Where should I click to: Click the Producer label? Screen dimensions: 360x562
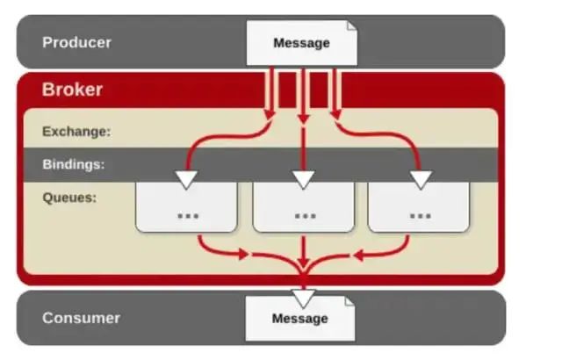(77, 42)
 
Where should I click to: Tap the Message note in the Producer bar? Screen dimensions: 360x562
(301, 43)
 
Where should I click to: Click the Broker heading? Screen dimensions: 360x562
(73, 90)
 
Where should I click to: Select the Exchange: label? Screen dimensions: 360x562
(76, 132)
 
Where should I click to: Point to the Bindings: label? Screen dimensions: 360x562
(74, 164)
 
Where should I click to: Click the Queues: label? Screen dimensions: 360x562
(69, 197)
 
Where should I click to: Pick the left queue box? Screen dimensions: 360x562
(186, 207)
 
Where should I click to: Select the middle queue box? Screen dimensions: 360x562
(304, 207)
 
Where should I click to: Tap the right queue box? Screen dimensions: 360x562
(420, 207)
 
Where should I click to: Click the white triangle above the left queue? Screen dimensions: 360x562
(186, 179)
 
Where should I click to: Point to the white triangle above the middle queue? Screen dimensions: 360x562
(304, 179)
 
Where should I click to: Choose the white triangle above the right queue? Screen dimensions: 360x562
(421, 179)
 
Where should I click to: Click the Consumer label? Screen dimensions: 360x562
(81, 318)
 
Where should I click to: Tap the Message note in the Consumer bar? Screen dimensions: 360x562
(299, 318)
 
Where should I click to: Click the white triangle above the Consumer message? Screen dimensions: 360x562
(304, 297)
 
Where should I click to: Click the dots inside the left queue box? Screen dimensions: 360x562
(187, 214)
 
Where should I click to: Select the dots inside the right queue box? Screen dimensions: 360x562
(421, 214)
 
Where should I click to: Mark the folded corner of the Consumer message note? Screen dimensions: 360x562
(349, 301)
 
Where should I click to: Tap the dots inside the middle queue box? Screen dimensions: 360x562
(305, 214)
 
